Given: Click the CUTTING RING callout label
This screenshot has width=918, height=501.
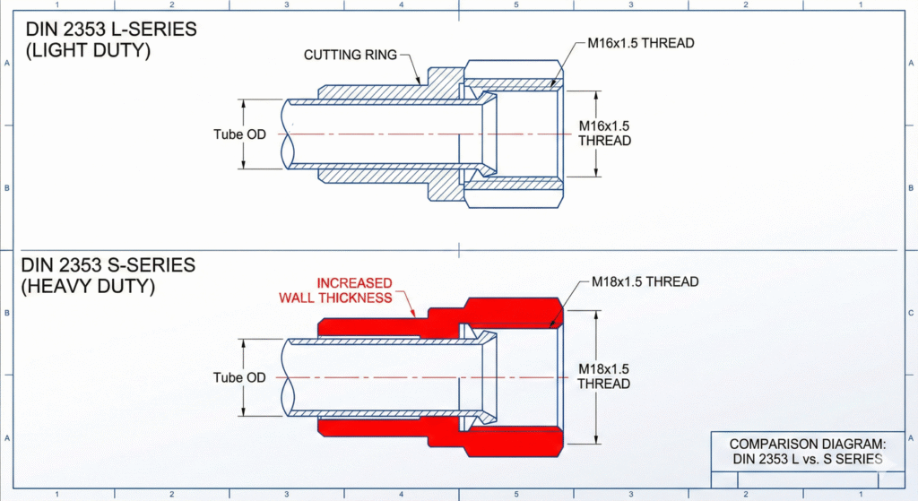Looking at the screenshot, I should coord(350,55).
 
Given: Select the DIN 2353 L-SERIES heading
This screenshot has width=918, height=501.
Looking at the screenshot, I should coord(110,30).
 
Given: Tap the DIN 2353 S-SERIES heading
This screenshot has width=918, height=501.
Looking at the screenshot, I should coord(110,266).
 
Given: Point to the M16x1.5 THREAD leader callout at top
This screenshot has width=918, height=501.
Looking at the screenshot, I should coord(641,42).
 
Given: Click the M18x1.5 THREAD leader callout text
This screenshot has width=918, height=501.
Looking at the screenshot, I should coord(645,281).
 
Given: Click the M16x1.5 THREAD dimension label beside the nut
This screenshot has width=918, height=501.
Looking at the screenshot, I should coord(604,134).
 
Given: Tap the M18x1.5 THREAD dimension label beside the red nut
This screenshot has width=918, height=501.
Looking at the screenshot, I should coord(603,376).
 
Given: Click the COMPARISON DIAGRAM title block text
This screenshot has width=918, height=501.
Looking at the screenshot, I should coord(807,452).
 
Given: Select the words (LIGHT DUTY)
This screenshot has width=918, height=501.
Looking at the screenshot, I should coord(88,50).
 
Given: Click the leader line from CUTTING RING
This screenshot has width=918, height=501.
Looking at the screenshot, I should coord(412,66).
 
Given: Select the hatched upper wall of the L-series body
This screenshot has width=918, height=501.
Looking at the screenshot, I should coord(377,92).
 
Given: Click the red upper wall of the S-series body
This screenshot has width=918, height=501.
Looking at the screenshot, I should coord(377,326).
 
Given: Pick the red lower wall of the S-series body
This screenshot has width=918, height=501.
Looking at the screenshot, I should coord(377,429).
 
